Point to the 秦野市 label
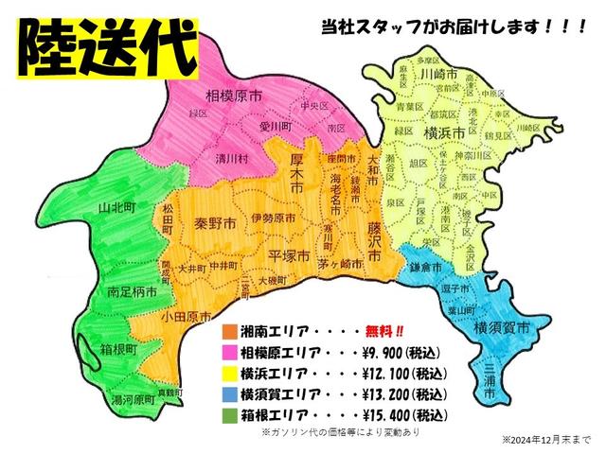(x=216, y=226)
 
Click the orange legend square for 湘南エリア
(x=228, y=332)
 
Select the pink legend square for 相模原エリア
(x=228, y=353)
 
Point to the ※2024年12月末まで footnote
(x=549, y=440)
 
